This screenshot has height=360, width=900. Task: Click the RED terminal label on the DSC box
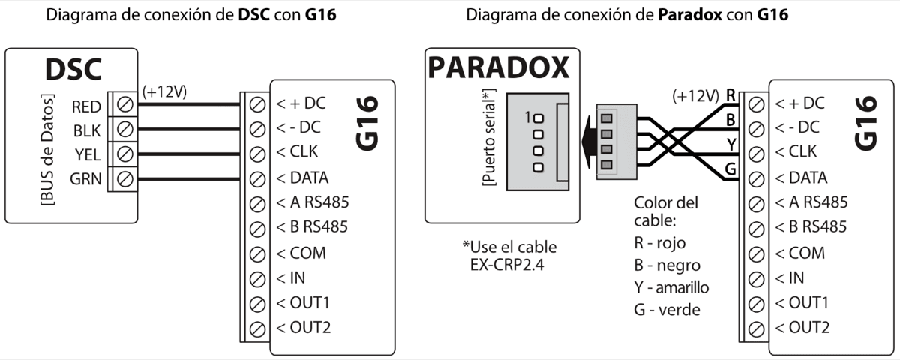click(86, 106)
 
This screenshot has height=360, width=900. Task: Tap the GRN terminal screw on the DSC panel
click(124, 178)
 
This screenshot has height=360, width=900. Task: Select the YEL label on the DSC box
click(88, 154)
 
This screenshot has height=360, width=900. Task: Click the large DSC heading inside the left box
click(73, 70)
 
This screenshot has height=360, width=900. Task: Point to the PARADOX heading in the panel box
click(498, 68)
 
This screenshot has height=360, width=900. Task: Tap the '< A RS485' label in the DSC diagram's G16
click(313, 202)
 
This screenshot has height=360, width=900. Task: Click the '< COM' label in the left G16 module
click(301, 253)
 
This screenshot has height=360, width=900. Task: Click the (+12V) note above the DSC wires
click(163, 91)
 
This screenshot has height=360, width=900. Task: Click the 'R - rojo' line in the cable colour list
click(659, 243)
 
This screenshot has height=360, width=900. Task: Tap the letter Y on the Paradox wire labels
click(730, 143)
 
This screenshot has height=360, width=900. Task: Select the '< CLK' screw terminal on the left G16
click(258, 154)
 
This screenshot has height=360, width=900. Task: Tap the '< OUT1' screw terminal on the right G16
click(757, 303)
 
